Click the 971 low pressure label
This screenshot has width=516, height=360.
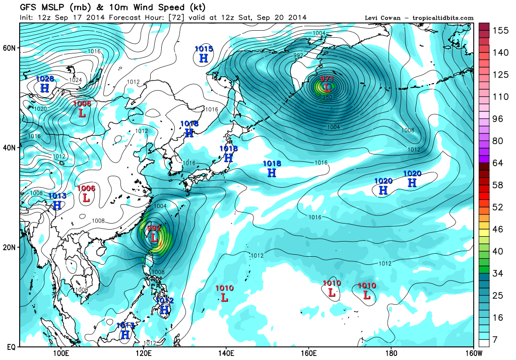328,79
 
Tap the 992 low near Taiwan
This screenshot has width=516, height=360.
154,228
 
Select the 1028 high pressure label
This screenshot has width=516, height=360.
45,79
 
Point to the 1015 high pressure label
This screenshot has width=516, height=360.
204,49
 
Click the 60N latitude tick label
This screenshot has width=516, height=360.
10,48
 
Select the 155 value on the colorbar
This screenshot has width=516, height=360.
500,30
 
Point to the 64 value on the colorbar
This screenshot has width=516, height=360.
498,163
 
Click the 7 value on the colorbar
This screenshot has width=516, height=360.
495,340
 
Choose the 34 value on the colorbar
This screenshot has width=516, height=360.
498,274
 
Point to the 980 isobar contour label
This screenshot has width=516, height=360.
327,97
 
